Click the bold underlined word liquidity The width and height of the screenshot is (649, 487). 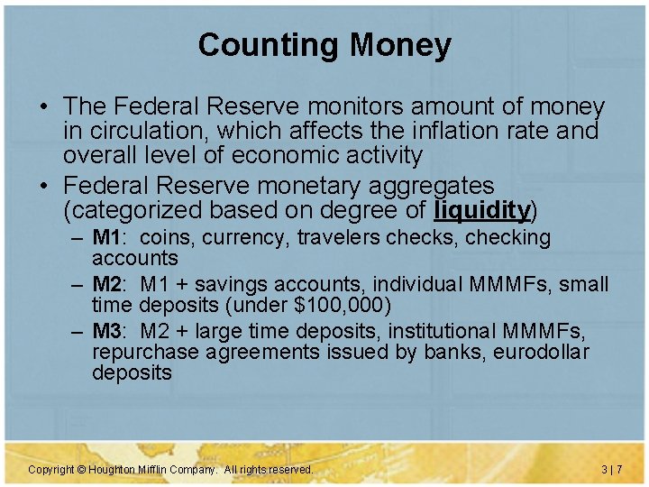(481, 210)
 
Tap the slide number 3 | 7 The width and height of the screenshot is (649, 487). (611, 470)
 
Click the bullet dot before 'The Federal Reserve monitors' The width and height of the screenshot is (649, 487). (43, 108)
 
